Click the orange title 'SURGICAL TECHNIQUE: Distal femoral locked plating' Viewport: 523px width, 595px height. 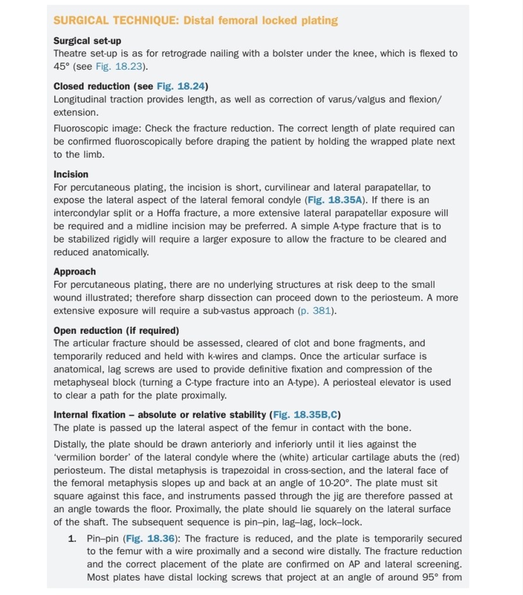tap(195, 20)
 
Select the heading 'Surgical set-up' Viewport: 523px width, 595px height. tap(87, 41)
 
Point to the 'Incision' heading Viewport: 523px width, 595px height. tap(71, 174)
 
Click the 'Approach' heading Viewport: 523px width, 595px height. tap(74, 272)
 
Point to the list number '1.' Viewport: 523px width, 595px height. tap(73, 539)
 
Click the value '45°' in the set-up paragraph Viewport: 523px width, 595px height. tap(62, 66)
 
